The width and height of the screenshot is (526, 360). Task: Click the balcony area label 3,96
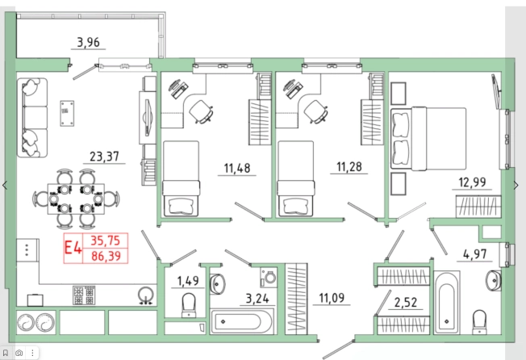[x=88, y=43]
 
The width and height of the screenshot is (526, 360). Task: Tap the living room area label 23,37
[x=104, y=157]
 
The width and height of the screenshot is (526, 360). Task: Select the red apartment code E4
[x=73, y=249]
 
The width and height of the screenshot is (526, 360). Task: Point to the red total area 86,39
[x=106, y=257]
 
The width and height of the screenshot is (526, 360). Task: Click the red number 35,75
[x=106, y=241]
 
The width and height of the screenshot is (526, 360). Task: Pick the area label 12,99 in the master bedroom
[x=472, y=182]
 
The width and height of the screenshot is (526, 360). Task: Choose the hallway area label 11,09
[x=332, y=298]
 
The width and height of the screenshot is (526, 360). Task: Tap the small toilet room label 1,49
[x=188, y=280]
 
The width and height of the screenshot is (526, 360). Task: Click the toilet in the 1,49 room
[x=189, y=305]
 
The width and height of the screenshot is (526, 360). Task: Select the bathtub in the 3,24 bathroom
[x=241, y=322]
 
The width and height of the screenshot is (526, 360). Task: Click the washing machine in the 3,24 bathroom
[x=269, y=278]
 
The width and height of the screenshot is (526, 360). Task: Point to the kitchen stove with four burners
[x=84, y=295]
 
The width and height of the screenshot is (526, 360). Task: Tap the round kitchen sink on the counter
[x=146, y=295]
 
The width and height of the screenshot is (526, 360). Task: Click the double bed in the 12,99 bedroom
[x=428, y=139]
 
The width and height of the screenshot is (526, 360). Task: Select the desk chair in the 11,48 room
[x=201, y=111]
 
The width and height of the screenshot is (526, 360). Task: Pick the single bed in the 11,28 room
[x=295, y=178]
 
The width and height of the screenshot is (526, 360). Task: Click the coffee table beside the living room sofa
[x=67, y=113]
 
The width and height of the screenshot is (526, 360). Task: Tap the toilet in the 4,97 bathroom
[x=479, y=322]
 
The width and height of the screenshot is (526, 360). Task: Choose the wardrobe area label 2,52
[x=406, y=303]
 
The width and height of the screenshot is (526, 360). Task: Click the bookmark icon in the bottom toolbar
[x=6, y=353]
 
